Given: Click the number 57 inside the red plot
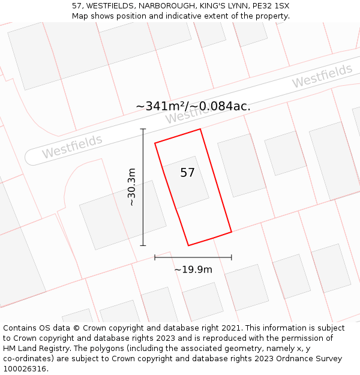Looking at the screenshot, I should [x=187, y=173].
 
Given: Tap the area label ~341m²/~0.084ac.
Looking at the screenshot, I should [x=193, y=106].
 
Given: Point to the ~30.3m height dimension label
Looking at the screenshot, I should [x=131, y=187].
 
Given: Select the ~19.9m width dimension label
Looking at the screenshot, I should [x=193, y=269].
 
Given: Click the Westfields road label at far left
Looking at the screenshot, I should [x=72, y=147].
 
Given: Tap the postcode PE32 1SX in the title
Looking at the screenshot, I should [x=269, y=5].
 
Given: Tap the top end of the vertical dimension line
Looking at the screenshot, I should [x=143, y=129].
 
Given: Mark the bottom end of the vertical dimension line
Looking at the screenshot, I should [x=143, y=245].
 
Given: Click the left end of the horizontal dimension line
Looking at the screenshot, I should [x=155, y=257].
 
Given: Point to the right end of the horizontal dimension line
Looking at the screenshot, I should [x=232, y=257].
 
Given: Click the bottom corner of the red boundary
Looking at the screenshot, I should [x=188, y=245].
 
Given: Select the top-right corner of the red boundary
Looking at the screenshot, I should [x=200, y=129].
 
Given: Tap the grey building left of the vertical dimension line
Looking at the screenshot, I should [x=122, y=215].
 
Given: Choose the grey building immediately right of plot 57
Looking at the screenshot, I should [x=241, y=165].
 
